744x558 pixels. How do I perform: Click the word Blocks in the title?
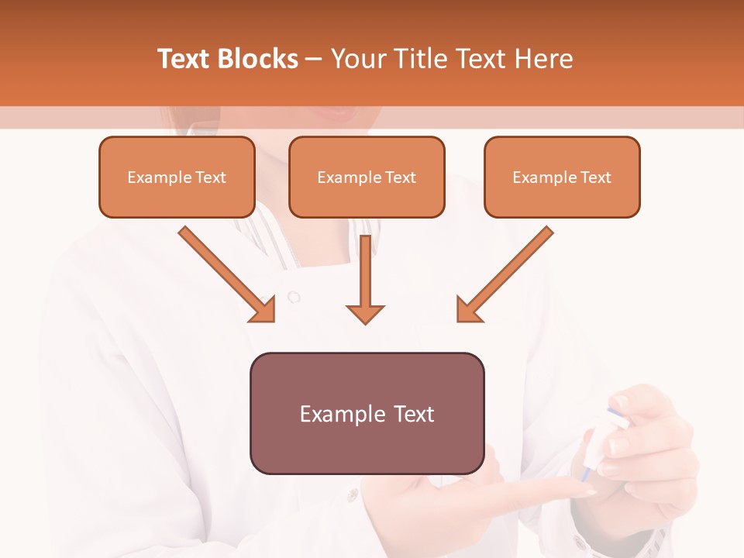pyautogui.click(x=257, y=59)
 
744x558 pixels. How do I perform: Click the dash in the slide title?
pyautogui.click(x=315, y=60)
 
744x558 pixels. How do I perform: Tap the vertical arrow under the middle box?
pyautogui.click(x=365, y=279)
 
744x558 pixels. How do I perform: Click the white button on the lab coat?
pyautogui.click(x=293, y=296)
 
